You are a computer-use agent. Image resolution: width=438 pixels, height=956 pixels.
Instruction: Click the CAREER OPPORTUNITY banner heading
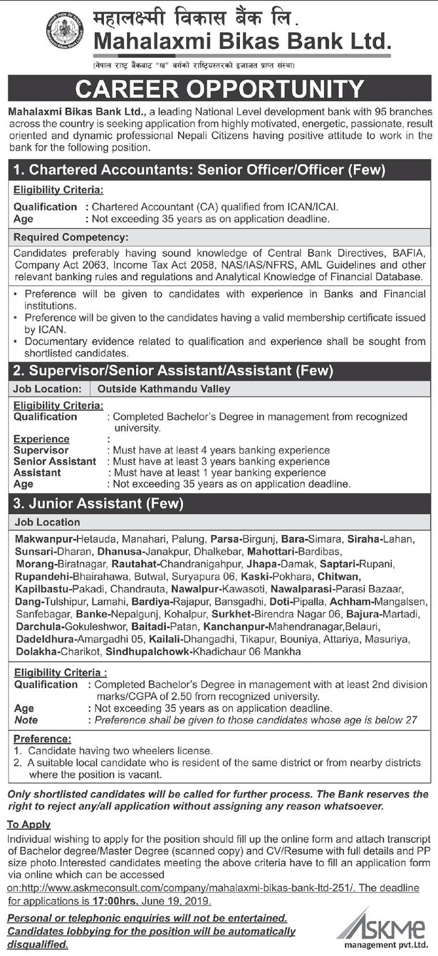coord(219,89)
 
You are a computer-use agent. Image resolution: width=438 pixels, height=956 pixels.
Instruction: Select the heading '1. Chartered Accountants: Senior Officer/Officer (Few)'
coord(199,170)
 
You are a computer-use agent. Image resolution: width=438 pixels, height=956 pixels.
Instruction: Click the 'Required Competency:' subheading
coord(71,237)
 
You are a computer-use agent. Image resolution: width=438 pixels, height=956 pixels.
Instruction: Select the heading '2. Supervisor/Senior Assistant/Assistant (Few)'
coord(173,371)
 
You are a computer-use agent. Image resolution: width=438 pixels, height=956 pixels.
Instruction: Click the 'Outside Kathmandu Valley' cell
coord(164,389)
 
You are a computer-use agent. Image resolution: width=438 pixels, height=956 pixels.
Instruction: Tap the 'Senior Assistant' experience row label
coord(55,461)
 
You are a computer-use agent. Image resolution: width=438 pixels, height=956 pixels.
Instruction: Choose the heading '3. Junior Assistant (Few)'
coord(98,504)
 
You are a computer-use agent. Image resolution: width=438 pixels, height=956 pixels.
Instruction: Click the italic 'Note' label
coord(26,720)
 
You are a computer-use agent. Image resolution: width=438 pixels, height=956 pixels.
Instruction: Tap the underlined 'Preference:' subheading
coord(42,739)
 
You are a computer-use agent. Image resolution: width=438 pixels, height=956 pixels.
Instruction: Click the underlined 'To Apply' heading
coord(29,825)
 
